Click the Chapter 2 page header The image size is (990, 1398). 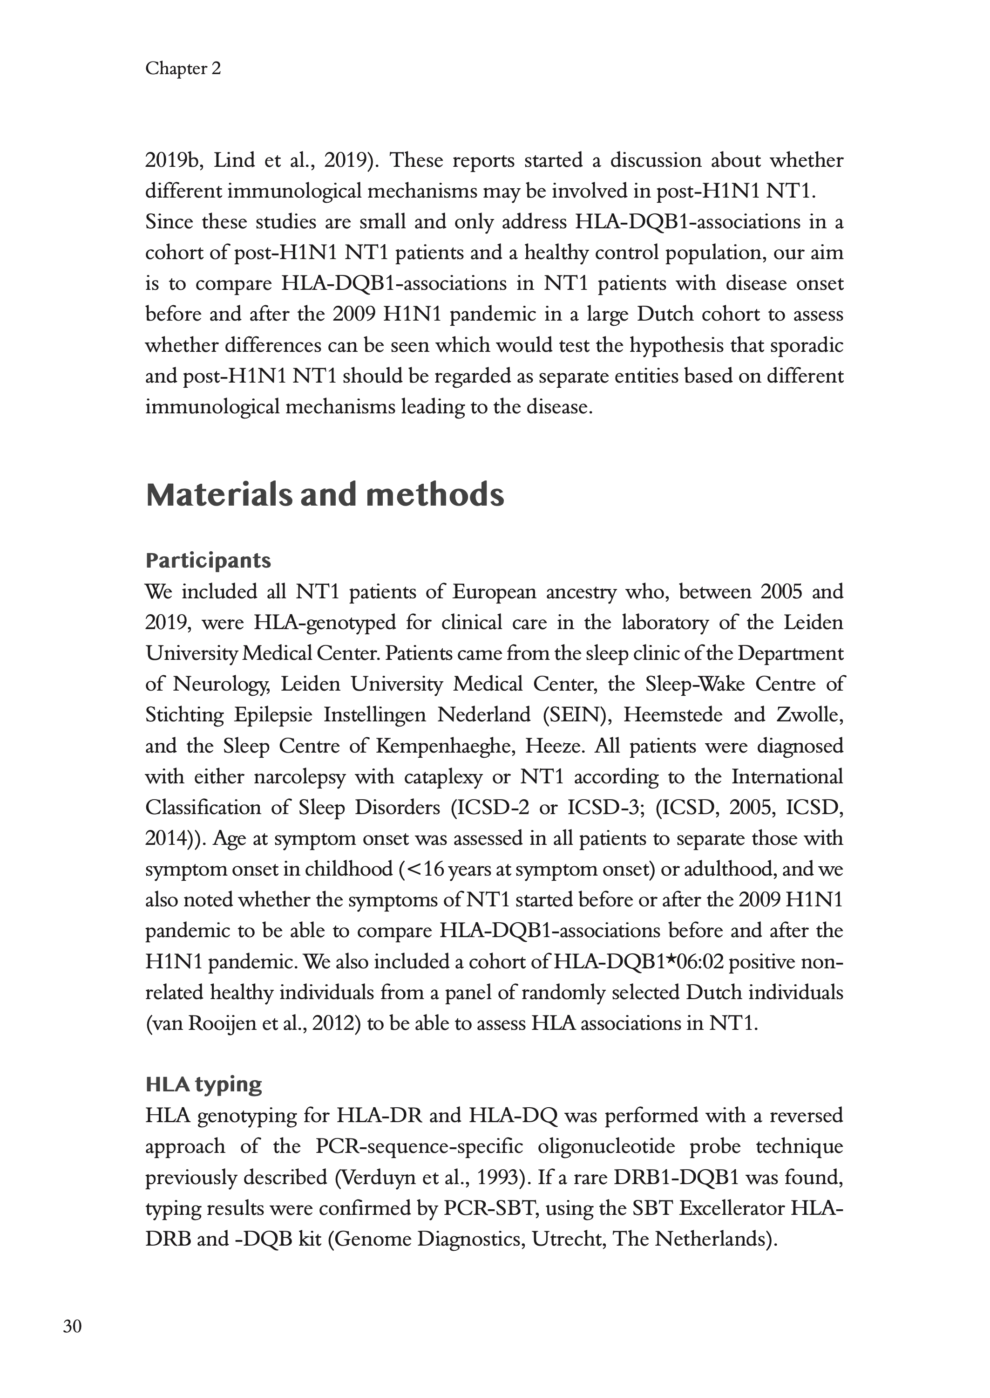[x=183, y=69]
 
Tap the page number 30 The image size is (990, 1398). [x=72, y=1326]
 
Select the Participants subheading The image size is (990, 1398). [x=208, y=560]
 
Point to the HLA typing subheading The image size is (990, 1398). [x=203, y=1084]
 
